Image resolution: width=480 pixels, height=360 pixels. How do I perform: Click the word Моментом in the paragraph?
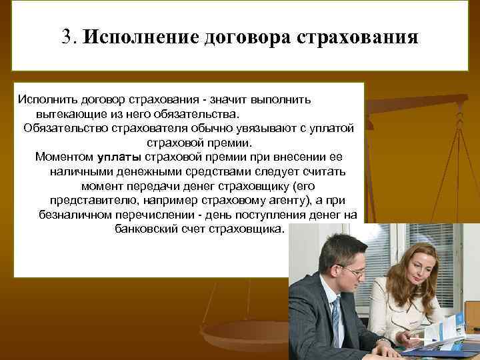pyautogui.click(x=64, y=157)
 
